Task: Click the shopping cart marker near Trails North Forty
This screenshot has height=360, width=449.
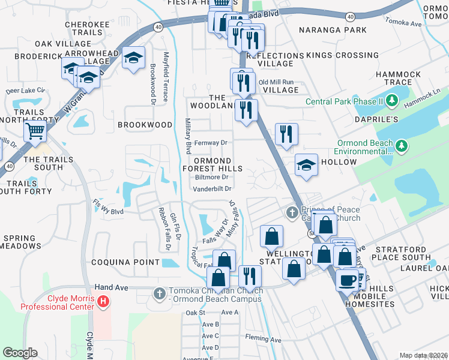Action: (35, 130)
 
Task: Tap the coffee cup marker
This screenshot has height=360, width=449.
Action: (348, 280)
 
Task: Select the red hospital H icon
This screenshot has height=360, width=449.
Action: (103, 300)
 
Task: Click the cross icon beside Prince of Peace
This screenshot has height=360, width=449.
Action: (292, 212)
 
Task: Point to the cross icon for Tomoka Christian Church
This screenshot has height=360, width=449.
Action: (159, 293)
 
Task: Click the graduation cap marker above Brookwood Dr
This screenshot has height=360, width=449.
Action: (133, 58)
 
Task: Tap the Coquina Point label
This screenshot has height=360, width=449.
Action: (125, 262)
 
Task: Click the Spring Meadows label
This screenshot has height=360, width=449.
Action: (19, 242)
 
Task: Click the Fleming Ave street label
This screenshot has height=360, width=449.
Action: (263, 340)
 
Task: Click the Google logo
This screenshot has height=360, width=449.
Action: (19, 353)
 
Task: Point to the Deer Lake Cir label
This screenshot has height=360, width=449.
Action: (25, 91)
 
